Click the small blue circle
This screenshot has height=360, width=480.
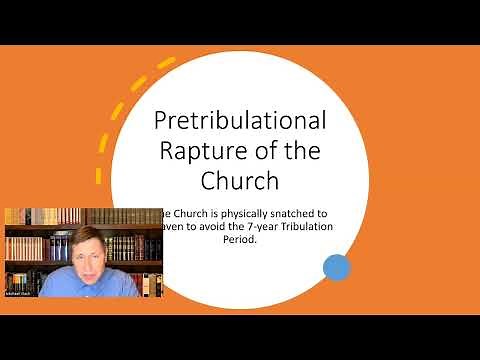coord(337,266)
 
